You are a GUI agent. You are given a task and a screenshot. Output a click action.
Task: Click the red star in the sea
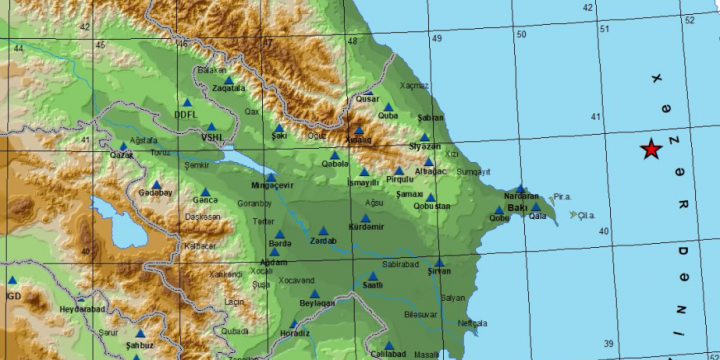click(651, 150)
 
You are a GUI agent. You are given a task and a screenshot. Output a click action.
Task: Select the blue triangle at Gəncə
click(205, 192)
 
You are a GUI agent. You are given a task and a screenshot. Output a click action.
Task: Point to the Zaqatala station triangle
click(229, 80)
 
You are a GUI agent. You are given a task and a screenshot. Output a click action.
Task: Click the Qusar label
click(368, 100)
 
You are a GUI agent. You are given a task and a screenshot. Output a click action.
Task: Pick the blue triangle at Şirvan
click(439, 264)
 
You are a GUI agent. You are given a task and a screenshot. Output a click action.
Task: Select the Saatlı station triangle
click(373, 277)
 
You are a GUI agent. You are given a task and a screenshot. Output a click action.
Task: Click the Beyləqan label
click(316, 303)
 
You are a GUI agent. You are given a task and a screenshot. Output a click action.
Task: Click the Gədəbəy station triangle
click(156, 184)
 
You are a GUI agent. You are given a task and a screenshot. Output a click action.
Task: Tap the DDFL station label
click(186, 114)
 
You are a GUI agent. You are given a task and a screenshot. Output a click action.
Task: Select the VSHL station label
click(212, 137)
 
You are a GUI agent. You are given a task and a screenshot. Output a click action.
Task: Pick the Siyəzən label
click(424, 147)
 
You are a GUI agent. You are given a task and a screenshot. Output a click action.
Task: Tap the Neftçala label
click(473, 324)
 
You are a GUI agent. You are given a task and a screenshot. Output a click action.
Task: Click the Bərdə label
click(280, 242)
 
